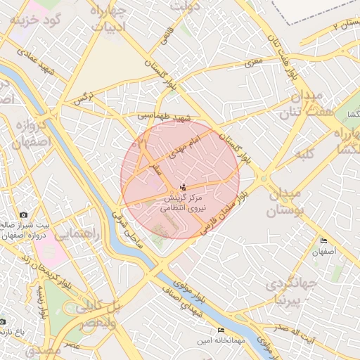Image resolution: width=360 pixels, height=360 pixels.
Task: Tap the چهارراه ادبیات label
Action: pyautogui.click(x=108, y=18)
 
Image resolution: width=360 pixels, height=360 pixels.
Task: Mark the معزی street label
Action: pyautogui.click(x=252, y=64)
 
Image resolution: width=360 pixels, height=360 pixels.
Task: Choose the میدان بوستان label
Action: pyautogui.click(x=284, y=201)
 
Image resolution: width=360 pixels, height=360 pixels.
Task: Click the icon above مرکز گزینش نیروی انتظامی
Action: pyautogui.click(x=184, y=187)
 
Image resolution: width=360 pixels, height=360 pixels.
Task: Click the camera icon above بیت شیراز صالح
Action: pyautogui.click(x=23, y=214)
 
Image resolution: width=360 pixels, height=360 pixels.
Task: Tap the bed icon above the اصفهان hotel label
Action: pyautogui.click(x=323, y=240)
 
